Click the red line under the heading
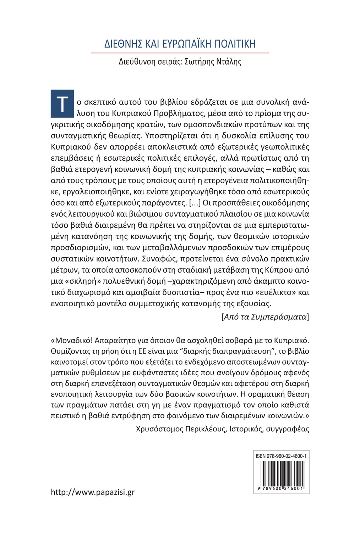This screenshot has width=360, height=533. coord(180,53)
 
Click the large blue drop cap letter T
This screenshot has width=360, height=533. coord(62,104)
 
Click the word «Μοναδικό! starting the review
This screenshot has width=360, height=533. coord(72,340)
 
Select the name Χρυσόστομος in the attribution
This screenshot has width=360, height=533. coord(159,429)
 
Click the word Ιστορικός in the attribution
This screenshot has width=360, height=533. coord(246,429)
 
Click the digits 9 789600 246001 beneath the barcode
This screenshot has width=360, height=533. coord(281,489)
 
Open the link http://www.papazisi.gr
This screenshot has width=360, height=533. coord(93,492)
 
